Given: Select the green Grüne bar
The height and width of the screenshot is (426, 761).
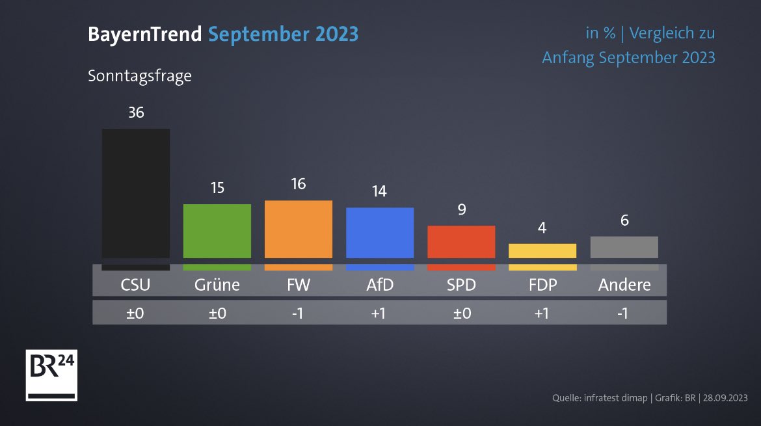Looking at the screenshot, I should pyautogui.click(x=217, y=231).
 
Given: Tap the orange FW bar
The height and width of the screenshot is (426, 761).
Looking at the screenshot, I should pyautogui.click(x=299, y=229).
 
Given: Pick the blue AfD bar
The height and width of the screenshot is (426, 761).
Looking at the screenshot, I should pyautogui.click(x=380, y=233).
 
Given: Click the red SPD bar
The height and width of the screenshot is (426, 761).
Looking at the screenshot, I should pyautogui.click(x=461, y=242).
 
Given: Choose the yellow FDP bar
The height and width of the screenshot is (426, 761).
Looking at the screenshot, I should pyautogui.click(x=542, y=251).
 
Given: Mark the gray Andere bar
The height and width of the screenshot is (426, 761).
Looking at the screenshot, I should pyautogui.click(x=624, y=247).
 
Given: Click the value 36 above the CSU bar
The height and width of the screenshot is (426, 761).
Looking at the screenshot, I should pyautogui.click(x=136, y=113).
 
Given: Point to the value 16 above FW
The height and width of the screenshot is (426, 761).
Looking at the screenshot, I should pyautogui.click(x=299, y=184).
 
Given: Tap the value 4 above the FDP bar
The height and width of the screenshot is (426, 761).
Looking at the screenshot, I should pyautogui.click(x=542, y=228).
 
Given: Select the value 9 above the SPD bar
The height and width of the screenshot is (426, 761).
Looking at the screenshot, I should pyautogui.click(x=461, y=209).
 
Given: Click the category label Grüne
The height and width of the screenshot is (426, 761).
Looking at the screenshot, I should pyautogui.click(x=217, y=285).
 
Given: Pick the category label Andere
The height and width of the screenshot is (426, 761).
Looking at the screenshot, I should pyautogui.click(x=624, y=285).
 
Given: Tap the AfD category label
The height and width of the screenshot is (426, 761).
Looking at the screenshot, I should pyautogui.click(x=380, y=285).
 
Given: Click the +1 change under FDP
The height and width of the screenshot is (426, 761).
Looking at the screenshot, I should pyautogui.click(x=542, y=313).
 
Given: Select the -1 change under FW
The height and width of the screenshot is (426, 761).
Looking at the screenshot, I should pyautogui.click(x=299, y=313).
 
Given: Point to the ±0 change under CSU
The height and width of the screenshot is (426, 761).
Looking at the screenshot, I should pyautogui.click(x=136, y=313).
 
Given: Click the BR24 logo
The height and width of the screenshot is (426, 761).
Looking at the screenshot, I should pyautogui.click(x=51, y=375).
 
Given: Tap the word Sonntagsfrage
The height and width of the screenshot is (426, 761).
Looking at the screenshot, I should pyautogui.click(x=140, y=76).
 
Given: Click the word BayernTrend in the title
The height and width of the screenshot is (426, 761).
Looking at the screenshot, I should pyautogui.click(x=145, y=34).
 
